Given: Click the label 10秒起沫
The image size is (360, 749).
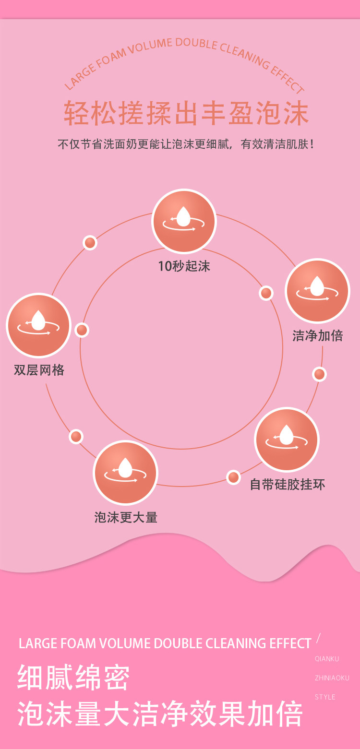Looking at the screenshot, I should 184,266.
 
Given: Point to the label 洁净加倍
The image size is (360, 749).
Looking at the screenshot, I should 318,335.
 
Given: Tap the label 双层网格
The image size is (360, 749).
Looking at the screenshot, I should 39,370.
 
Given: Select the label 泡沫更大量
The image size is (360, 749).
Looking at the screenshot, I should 126,517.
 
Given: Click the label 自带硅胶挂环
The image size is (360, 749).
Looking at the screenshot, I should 288,484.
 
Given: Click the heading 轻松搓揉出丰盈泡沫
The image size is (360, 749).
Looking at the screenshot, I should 186,114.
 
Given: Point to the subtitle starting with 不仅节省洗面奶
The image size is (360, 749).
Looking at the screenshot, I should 186,144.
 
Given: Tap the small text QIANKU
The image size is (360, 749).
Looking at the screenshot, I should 327,659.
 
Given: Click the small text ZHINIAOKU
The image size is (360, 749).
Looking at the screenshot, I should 332,678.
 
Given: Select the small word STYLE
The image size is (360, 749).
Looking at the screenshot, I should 325,697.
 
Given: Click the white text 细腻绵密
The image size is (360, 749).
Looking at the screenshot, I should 73,678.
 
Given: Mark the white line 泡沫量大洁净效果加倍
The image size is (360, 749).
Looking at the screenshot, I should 160,714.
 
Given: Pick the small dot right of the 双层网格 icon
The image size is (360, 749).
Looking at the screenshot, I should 82,330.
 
